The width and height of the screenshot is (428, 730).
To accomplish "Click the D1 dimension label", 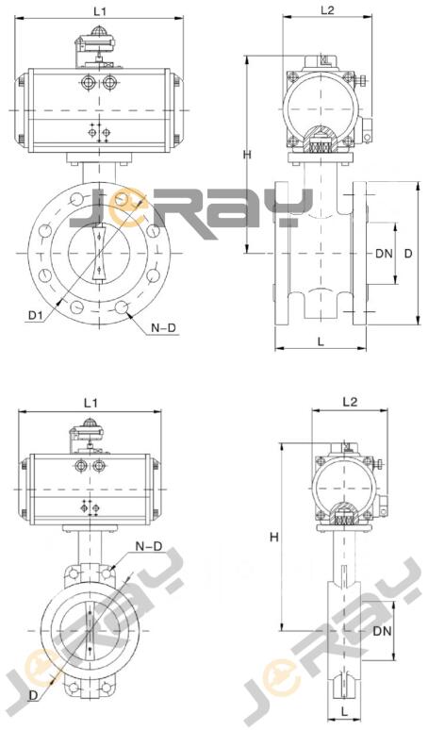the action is (36, 316).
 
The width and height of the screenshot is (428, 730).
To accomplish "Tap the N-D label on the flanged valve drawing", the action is (164, 328).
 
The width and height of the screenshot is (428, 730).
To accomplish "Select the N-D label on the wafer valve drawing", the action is (149, 547).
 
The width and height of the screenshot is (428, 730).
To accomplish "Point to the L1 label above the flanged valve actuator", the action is (100, 11).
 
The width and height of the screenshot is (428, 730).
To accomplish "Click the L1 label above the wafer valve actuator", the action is (91, 403).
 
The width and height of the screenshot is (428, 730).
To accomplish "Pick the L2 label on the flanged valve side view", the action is (327, 9).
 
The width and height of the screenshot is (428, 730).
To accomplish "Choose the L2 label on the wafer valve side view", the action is (350, 402).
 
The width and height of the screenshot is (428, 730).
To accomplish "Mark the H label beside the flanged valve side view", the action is (248, 155).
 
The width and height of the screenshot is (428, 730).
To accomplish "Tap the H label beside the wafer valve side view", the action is (274, 538).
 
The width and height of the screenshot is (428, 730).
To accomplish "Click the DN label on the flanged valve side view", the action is (385, 254).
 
